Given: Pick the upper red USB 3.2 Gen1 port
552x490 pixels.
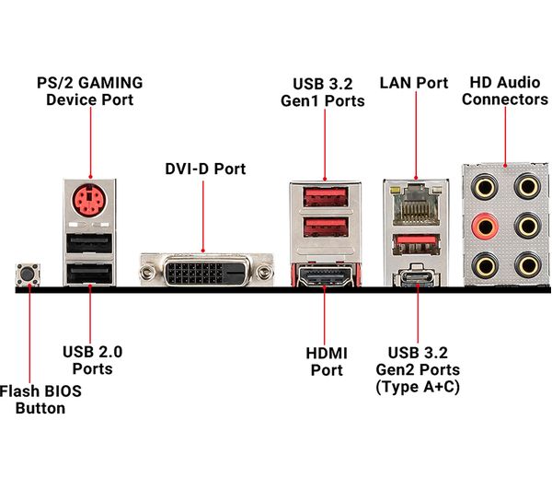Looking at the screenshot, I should coord(323,196).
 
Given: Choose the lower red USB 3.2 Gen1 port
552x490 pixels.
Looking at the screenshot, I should coord(323,229).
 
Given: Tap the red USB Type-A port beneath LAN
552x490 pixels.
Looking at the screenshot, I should coord(417,244).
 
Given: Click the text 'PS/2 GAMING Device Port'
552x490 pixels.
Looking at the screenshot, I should coord(89,89).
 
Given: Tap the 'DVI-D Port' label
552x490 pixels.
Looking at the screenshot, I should coord(206,169).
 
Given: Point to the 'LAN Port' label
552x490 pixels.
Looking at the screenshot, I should coord(414,82).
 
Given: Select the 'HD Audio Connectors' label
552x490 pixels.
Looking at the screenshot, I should coord(504,89).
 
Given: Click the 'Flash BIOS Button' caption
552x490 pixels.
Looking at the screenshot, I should coord(40,399).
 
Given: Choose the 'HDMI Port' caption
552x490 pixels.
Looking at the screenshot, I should coord(325,361).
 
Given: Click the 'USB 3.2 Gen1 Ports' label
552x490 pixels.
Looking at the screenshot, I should coord(323,91).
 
